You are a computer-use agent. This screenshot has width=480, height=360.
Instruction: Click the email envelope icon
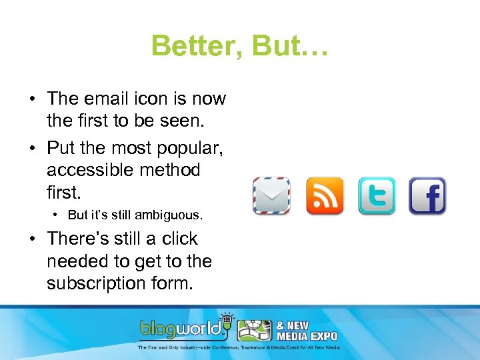(x=271, y=196)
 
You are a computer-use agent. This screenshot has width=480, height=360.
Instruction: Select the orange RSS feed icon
(x=325, y=196)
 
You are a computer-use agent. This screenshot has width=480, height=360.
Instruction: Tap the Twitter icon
(x=377, y=196)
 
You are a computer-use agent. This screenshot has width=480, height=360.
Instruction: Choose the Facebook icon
(x=427, y=196)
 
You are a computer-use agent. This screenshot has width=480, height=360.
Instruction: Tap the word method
(x=173, y=170)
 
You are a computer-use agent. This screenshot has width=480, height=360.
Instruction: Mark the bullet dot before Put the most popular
(x=32, y=148)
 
